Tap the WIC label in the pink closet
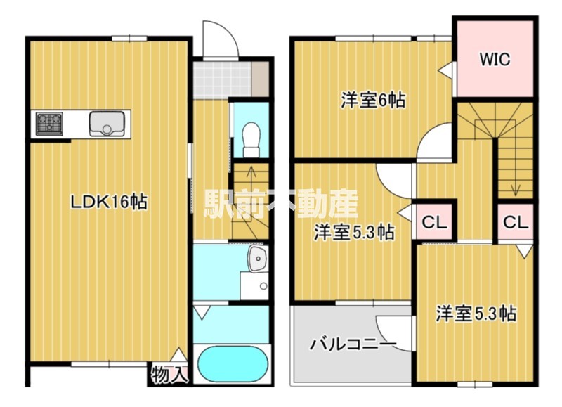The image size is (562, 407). tap(495, 59)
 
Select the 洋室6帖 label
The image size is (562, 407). tap(373, 101)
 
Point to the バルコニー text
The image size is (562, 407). tap(353, 344)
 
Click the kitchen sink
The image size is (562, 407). tap(107, 124)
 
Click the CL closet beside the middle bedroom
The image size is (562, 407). tap(434, 223)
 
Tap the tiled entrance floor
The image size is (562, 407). tap(222, 79)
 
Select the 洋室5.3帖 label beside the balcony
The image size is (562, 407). tap(476, 314)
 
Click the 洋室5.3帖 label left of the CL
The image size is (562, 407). tap(353, 232)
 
